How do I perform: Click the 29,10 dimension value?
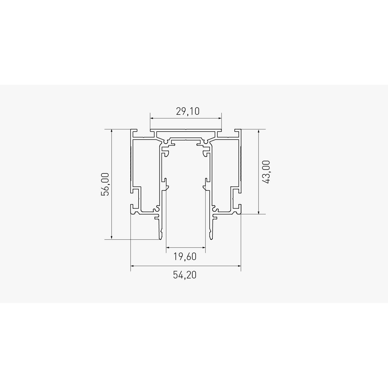coord(188,111)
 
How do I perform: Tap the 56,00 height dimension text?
coord(105,184)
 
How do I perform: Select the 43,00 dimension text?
coord(266,172)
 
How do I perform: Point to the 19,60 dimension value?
coord(185,257)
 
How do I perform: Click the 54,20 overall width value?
coord(185,275)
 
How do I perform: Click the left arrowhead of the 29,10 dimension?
coord(152,118)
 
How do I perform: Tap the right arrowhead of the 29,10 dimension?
coord(220,118)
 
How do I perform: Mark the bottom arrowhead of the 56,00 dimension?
coord(112,238)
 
